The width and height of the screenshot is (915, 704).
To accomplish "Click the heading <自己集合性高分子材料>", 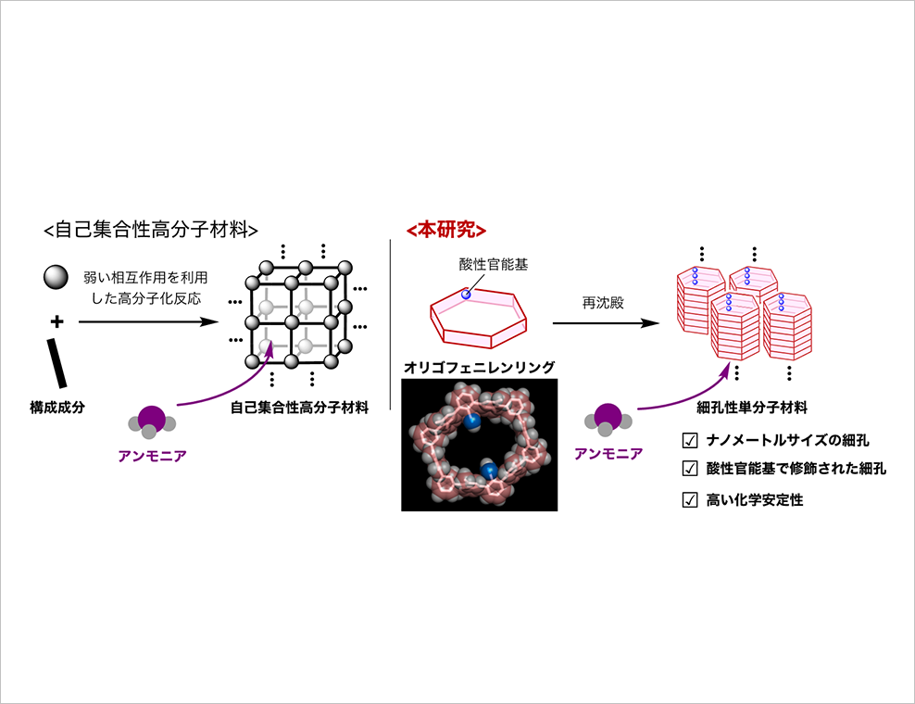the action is pos(151,230).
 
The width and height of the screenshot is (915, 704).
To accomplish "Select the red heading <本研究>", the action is pos(446,230).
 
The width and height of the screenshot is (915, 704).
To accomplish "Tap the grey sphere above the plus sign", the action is pos(56,277).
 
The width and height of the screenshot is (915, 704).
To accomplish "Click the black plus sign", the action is pos(56,321).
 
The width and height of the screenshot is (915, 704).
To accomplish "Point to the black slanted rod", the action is pos(56,362).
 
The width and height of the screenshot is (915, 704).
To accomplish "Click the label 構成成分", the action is pos(57,407).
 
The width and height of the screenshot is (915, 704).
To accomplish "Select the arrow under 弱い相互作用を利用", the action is pos(148,321).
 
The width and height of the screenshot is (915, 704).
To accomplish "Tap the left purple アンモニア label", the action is pos(152,456).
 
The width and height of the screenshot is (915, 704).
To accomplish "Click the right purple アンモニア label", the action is pos(608,454).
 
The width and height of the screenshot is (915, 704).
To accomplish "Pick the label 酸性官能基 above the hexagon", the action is pos(493,264).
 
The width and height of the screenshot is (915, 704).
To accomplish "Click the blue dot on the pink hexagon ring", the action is pos(466,295).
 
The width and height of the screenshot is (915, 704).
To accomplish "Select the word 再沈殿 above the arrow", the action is pos(603,302).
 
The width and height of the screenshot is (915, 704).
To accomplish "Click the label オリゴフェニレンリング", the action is pos(479,367).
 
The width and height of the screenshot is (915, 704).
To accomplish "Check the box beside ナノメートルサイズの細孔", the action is pos(690,440).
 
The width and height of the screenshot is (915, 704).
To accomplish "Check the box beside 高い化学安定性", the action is pos(690,499).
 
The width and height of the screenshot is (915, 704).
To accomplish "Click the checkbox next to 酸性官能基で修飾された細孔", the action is pos(690,468).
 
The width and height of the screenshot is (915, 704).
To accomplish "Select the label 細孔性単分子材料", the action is pos(752,407).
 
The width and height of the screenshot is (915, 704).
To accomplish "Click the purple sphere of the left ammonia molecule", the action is pos(152,419).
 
